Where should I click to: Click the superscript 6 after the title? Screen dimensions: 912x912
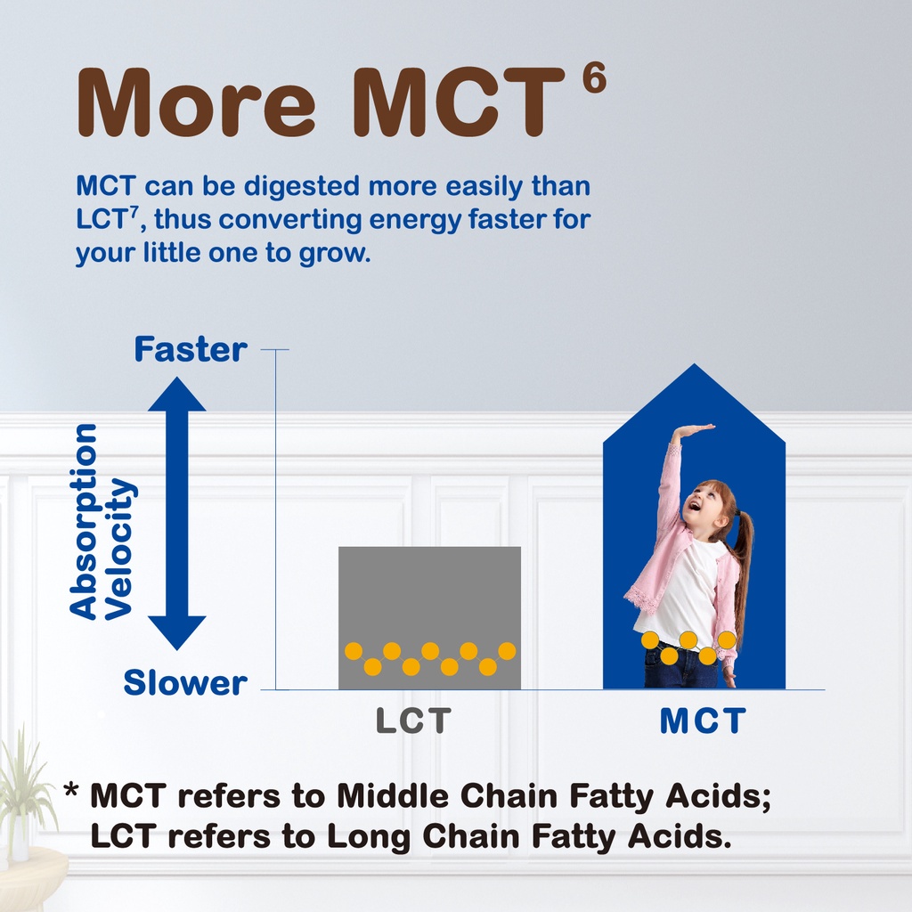pos(594,77)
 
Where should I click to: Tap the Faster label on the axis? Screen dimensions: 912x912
pos(191,349)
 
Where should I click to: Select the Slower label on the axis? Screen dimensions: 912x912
pos(185,682)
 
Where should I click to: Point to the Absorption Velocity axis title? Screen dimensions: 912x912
pos(102,522)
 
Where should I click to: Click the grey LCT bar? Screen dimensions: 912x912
pos(430,618)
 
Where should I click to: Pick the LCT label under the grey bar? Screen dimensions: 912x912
pos(413,721)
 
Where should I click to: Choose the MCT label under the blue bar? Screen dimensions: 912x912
pos(703,721)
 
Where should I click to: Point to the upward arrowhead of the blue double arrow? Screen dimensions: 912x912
pos(177,394)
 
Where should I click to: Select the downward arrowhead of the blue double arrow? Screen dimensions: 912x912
pos(177,633)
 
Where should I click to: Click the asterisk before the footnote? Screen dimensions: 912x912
pos(71,791)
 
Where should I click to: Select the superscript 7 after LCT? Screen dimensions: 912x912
pos(134,212)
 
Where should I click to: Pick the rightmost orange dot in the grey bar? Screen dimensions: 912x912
pos(507,651)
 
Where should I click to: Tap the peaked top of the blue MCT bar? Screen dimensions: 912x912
pos(694,365)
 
